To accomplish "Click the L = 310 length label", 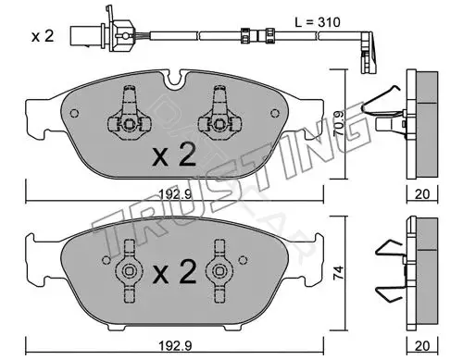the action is (x=318, y=22).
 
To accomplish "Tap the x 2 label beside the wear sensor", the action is (x=43, y=36).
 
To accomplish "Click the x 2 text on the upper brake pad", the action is (x=174, y=155).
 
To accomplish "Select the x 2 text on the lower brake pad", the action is (x=174, y=271).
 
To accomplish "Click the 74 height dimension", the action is (x=339, y=273).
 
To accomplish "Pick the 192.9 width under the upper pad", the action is (x=175, y=194).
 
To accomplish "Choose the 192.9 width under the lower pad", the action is (x=175, y=346).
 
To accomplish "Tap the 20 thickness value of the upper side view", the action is (x=422, y=194).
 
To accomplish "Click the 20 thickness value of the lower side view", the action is (x=422, y=346).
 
